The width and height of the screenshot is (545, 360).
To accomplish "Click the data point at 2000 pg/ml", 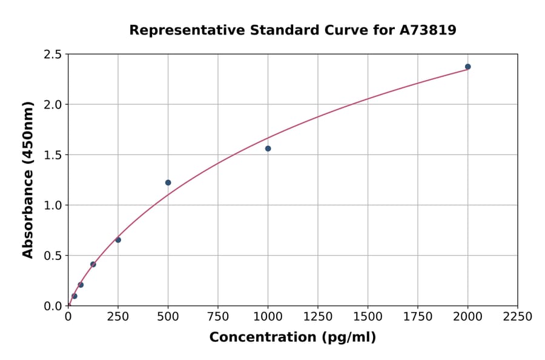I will point(467,67).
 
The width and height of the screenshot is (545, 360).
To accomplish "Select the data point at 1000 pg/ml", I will point(268,148).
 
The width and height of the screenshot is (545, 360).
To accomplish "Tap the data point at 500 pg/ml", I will point(168,182).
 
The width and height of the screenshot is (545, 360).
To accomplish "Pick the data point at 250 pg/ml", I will point(118,240).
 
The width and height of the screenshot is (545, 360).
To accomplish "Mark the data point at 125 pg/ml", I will point(93,264).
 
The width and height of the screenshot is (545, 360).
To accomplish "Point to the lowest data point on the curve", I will point(74,296).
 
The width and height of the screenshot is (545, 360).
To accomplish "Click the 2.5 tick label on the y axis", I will point(53,55).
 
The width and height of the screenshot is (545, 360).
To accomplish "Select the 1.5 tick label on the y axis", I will point(53,155).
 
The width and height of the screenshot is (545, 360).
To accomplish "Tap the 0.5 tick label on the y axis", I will point(53,256).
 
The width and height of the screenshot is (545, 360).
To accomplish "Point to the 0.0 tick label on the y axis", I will point(53,306).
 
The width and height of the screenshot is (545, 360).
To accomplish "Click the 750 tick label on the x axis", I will point(218,317).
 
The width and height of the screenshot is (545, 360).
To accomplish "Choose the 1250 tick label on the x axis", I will point(318,317).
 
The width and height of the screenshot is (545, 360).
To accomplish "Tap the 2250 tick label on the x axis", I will point(518,317).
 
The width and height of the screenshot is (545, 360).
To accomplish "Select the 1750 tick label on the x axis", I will point(418,317).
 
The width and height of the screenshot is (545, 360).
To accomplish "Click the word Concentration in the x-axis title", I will point(262,338).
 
